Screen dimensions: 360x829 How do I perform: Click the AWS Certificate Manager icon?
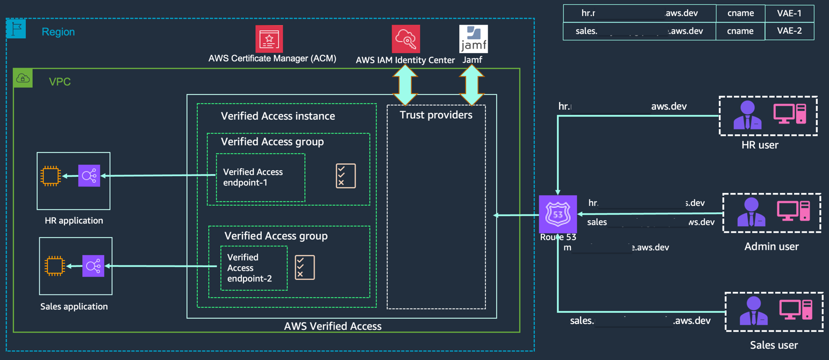pos(269,39)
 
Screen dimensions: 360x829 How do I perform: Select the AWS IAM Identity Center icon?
pos(405,39)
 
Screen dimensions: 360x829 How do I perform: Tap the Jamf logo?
pos(473,39)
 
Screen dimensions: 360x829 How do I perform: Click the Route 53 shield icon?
pos(558,214)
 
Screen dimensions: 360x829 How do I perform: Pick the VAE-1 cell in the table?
pos(789,13)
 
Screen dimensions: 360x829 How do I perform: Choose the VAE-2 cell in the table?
pos(789,31)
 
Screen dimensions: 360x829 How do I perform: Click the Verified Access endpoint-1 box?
pos(260,177)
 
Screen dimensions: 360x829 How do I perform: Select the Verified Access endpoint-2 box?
pos(254,268)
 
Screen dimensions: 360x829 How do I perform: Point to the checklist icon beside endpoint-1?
pos(345,176)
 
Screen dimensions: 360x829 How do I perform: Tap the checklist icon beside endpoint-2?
pos(305,267)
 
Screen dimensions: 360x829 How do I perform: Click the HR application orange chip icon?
pos(51,176)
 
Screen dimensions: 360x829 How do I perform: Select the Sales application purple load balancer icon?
pos(93,266)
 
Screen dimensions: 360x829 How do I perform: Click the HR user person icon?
pos(747,115)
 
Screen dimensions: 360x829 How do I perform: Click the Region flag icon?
pos(16,28)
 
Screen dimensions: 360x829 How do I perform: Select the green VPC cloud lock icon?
pos(23,78)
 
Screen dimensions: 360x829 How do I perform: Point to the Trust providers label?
pos(436,115)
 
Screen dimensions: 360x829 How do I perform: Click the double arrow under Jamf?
pos(471,85)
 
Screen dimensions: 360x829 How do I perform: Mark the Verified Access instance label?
pos(278,116)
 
